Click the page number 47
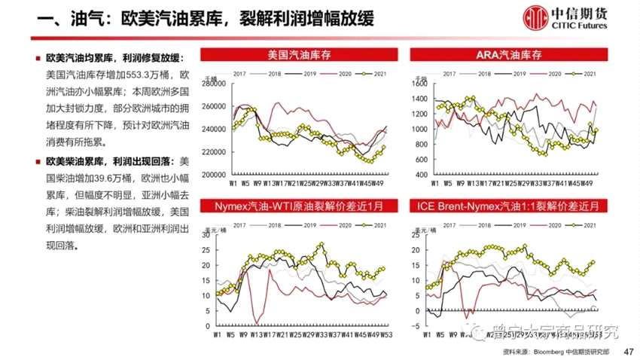pos(629,352)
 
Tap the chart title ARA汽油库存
pos(510,54)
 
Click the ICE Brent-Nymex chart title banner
pos(510,206)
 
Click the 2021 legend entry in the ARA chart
pos(583,73)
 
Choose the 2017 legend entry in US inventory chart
pos(235,73)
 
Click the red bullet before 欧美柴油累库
pos(38,161)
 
